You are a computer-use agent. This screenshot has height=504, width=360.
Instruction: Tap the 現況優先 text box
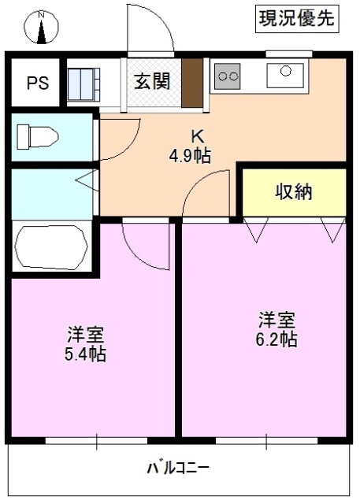(296, 20)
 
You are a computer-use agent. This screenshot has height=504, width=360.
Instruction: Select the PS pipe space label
(36, 83)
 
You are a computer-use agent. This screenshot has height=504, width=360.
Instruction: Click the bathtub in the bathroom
(52, 247)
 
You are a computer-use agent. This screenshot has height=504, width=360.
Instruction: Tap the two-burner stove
(228, 76)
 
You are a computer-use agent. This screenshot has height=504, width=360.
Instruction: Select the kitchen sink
(285, 76)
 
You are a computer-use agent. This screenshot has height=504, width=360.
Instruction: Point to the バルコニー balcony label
(178, 469)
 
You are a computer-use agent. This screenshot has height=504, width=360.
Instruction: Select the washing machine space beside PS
(83, 82)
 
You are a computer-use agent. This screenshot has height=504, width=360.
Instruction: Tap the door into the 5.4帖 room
(146, 244)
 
